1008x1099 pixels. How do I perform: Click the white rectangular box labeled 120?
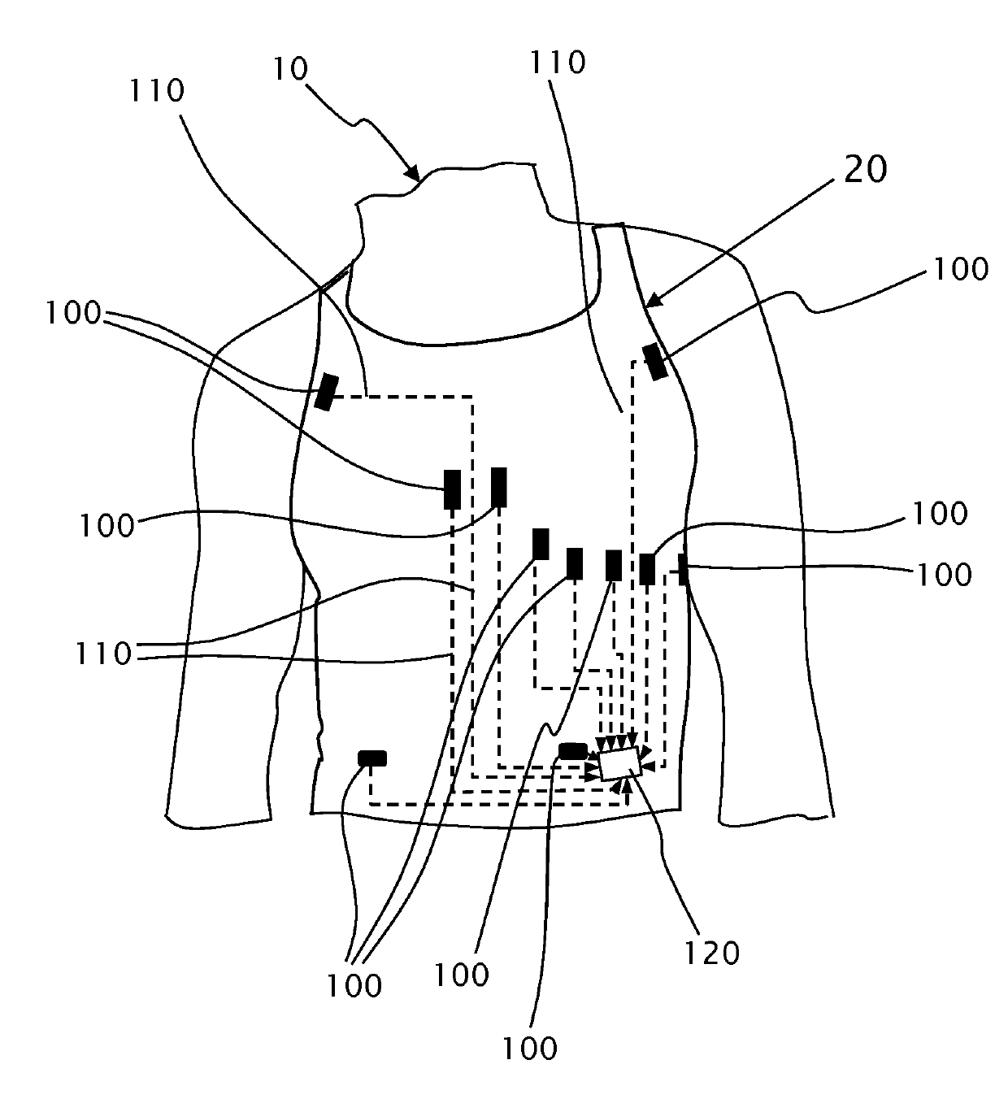pos(619,764)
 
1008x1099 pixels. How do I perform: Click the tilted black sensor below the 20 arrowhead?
pos(655,362)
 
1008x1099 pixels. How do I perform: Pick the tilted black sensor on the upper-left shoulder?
pos(326,392)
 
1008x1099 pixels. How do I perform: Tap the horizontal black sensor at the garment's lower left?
pos(372,758)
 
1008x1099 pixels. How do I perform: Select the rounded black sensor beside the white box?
pos(572,751)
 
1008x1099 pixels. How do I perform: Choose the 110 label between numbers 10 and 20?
pos(557,63)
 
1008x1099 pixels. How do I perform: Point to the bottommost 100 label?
pos(529,1048)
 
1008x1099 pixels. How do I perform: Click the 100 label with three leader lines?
pos(354,984)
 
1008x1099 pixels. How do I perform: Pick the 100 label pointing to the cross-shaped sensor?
pos(943,574)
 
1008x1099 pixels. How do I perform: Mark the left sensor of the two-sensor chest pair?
pos(451,489)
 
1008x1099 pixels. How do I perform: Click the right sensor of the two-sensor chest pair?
pos(498,487)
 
